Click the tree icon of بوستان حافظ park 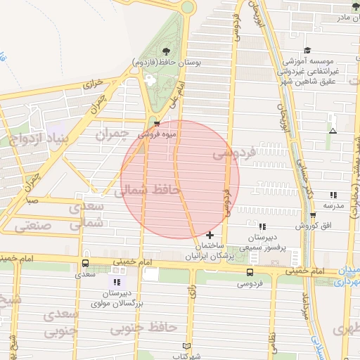click(166, 51)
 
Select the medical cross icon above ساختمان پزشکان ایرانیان click(210, 234)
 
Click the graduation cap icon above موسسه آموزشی click(307, 51)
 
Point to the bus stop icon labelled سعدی click(85, 264)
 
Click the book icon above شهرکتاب click(186, 347)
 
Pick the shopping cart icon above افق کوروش click(313, 215)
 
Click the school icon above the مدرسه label click(333, 195)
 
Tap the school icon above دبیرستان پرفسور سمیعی click(262, 226)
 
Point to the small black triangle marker click(333, 131)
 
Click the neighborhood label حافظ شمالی click(148, 190)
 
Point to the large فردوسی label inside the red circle click(233, 152)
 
